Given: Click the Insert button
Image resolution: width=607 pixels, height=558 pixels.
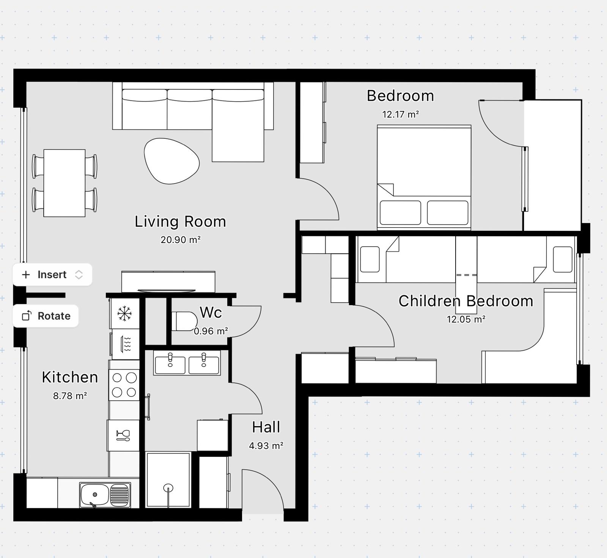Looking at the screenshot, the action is point(52,274).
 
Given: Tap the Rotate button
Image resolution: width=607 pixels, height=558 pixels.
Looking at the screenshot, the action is point(46,316).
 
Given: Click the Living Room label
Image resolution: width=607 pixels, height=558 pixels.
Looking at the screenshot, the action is point(181,221).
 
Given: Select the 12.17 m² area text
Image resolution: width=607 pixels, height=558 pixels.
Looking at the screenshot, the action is point(400,114).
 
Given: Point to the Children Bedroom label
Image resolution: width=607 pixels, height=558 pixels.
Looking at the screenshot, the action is point(466,301).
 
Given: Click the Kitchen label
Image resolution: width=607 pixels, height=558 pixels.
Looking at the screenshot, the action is point(70,377).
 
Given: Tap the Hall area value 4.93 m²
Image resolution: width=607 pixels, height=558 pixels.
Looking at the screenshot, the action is point(266,445).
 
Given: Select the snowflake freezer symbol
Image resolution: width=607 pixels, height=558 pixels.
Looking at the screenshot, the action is point(124,313).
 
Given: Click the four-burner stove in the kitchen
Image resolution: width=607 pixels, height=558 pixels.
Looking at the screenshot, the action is point(124,385).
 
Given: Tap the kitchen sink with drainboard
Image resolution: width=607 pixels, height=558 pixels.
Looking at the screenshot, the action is point(105,495).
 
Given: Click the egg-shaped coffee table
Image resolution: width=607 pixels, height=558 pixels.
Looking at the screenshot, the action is point(171,161).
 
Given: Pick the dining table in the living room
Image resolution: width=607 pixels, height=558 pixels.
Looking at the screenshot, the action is point(64,183).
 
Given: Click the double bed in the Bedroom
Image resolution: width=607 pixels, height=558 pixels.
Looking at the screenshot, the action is point(424,177).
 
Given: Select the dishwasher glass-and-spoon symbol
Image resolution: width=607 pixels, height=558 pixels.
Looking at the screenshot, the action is point(123,435).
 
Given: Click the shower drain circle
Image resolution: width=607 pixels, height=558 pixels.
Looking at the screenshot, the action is point(168,488).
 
